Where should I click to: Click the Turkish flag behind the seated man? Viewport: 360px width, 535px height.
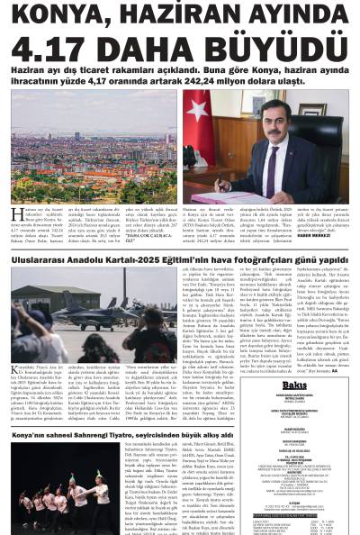[x=199, y=117]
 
